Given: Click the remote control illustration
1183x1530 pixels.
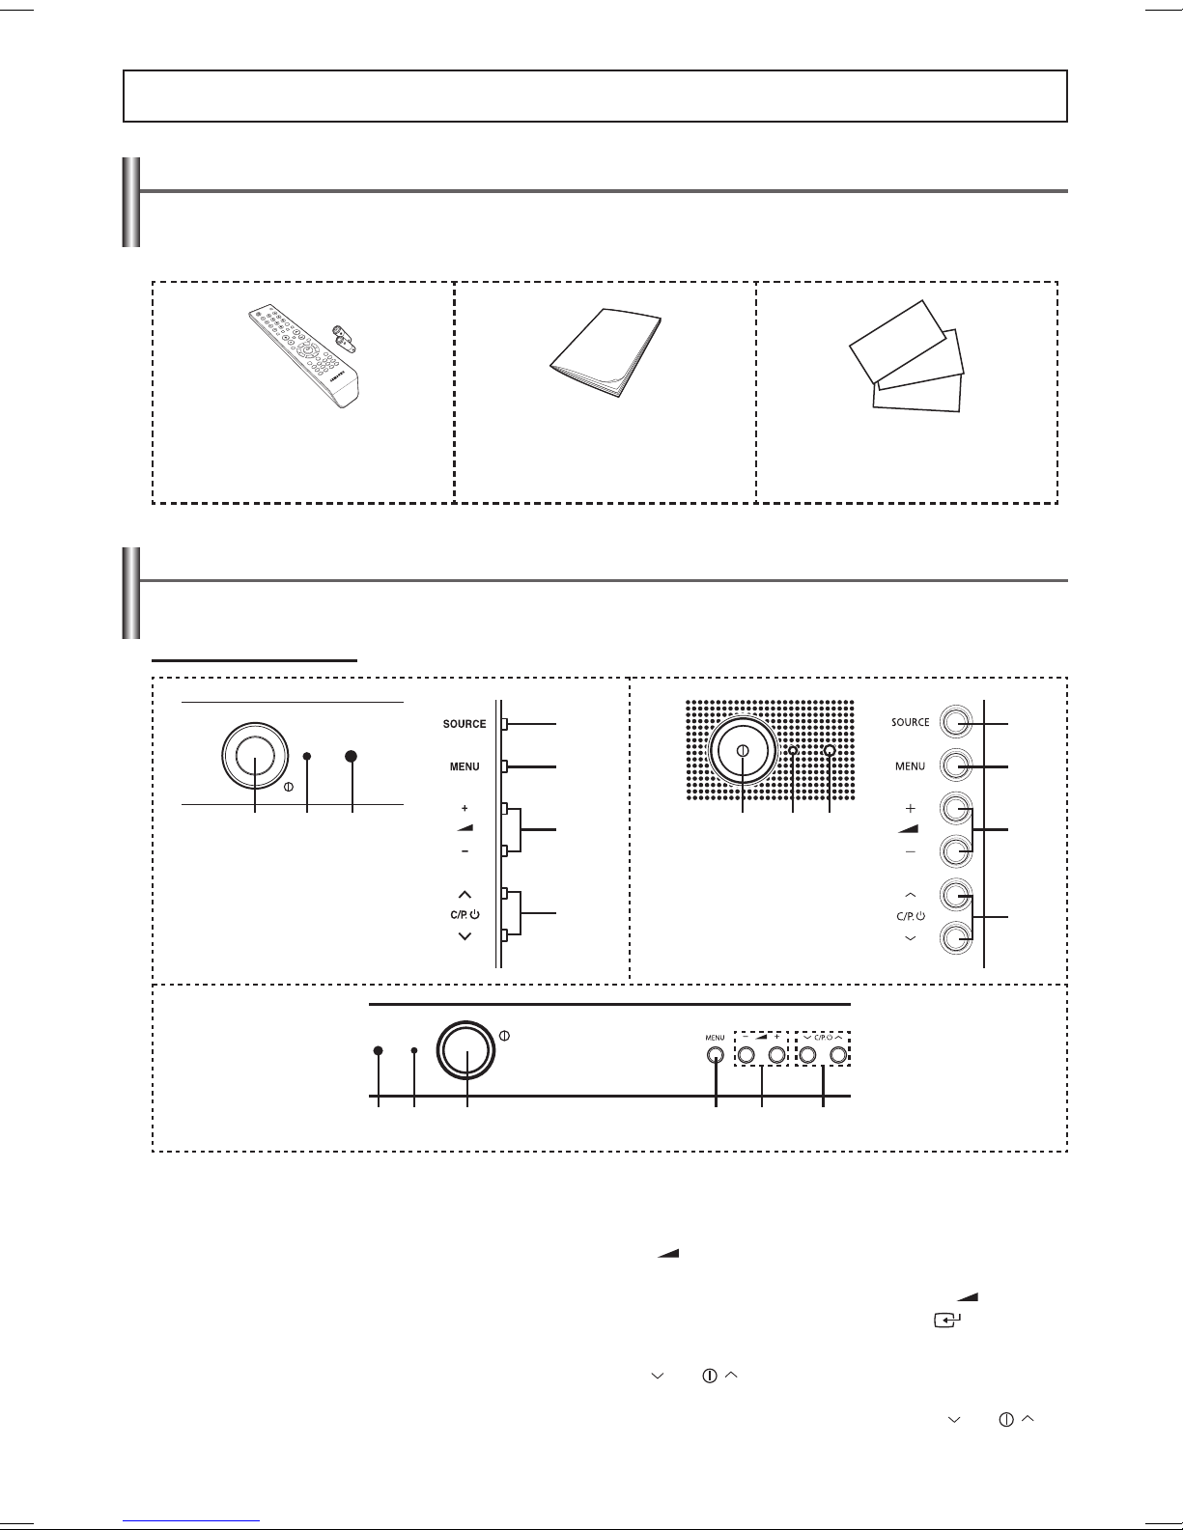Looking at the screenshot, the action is pyautogui.click(x=303, y=355).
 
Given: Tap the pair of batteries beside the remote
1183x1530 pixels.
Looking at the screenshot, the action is pyautogui.click(x=344, y=338).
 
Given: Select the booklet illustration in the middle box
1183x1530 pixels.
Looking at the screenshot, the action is pyautogui.click(x=605, y=352).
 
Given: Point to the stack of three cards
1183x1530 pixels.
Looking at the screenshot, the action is pyautogui.click(x=906, y=355).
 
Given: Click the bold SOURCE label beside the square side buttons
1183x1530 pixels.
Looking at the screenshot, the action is pyautogui.click(x=465, y=724).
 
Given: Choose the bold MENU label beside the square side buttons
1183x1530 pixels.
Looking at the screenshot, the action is pyautogui.click(x=465, y=766).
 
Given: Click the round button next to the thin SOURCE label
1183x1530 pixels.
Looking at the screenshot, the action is pyautogui.click(x=955, y=722).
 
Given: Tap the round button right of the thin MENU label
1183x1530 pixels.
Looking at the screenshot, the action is pyautogui.click(x=955, y=765).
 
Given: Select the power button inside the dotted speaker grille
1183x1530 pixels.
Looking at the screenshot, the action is pyautogui.click(x=743, y=751).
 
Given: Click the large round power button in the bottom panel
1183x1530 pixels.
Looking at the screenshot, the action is pyautogui.click(x=465, y=1050).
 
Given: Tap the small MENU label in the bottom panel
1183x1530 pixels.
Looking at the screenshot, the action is pyautogui.click(x=715, y=1037).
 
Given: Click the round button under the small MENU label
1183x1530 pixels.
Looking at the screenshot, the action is pyautogui.click(x=716, y=1055).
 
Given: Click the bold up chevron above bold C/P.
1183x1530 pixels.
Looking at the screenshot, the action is pyautogui.click(x=465, y=894).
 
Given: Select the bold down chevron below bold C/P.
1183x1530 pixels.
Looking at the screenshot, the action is pyautogui.click(x=465, y=936).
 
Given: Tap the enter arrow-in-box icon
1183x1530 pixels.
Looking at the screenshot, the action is pyautogui.click(x=947, y=1320).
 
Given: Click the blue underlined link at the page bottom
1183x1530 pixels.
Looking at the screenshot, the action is pyautogui.click(x=191, y=1519).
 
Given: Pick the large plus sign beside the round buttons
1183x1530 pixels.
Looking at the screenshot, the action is pyautogui.click(x=911, y=808).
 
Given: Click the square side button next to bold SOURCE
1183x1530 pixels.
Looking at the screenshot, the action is pyautogui.click(x=505, y=723).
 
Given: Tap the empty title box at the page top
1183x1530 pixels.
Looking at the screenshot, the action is pyautogui.click(x=595, y=96).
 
